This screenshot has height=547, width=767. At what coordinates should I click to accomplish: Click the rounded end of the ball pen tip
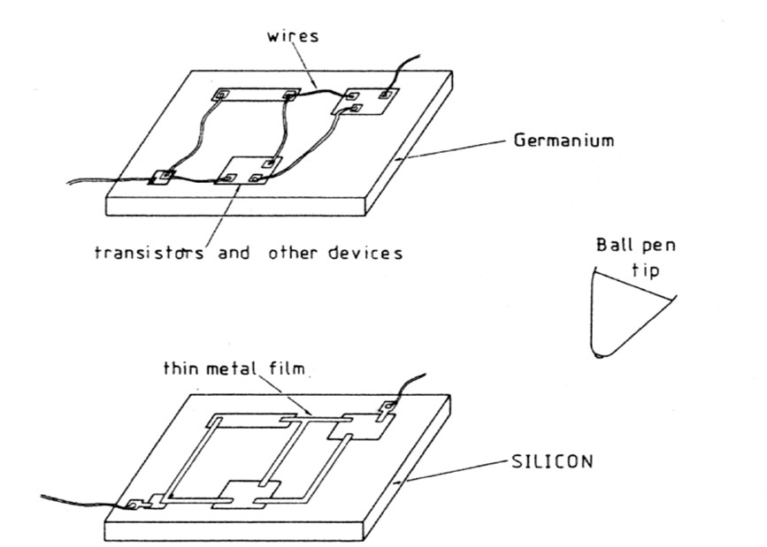600,355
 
